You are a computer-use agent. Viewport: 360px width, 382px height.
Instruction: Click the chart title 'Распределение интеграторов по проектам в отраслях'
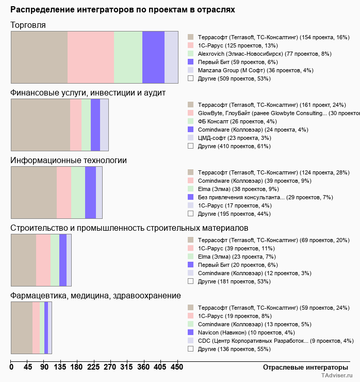(x=122, y=10)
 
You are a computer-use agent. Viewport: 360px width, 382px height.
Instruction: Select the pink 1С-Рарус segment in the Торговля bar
(x=91, y=57)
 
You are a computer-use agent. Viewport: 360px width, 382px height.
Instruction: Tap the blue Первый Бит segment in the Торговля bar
(x=153, y=57)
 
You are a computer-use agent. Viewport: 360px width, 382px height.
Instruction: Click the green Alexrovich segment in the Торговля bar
(x=128, y=57)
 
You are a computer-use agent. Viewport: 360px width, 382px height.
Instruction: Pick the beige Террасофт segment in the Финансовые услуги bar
(x=40, y=124)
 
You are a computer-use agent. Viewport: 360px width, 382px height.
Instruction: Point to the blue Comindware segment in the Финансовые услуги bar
(x=95, y=124)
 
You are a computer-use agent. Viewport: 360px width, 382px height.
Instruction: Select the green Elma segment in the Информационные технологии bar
(x=78, y=193)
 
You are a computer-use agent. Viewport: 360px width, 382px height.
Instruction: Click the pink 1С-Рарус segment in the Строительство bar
(x=43, y=260)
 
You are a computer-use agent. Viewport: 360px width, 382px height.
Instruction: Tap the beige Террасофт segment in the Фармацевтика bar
(x=22, y=327)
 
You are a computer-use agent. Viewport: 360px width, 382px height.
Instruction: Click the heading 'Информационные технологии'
(x=69, y=161)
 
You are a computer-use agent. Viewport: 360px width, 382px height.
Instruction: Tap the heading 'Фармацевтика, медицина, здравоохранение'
(x=96, y=296)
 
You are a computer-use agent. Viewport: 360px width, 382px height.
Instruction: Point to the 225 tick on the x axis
(x=94, y=367)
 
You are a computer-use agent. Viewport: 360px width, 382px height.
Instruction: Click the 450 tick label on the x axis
(x=177, y=367)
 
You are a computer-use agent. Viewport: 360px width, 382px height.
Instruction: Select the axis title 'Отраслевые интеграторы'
(x=302, y=367)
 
